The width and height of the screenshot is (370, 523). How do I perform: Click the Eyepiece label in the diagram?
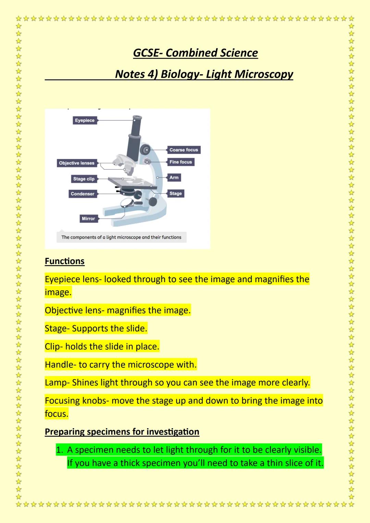[85, 121]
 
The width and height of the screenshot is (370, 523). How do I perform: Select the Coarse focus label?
[184, 150]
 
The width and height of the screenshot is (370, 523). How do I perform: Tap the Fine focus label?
[181, 162]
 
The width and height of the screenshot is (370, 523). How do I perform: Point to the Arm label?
[174, 177]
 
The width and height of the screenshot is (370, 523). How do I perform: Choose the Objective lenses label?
[76, 163]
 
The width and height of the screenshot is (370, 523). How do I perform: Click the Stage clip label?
[84, 179]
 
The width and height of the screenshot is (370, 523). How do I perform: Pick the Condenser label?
[82, 194]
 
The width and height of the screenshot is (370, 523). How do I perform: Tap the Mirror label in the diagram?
[88, 219]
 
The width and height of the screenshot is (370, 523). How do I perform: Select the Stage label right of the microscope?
[175, 194]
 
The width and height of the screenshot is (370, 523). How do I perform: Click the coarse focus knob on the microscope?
[146, 149]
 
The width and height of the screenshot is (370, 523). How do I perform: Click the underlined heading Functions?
[64, 261]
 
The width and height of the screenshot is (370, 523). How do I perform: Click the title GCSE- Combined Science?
[195, 53]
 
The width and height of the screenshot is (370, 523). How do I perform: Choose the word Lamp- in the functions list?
[57, 383]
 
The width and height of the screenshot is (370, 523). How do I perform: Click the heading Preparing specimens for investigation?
[122, 432]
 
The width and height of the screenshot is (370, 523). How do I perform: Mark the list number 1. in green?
[60, 450]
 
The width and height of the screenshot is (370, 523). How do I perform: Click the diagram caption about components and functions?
[121, 237]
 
